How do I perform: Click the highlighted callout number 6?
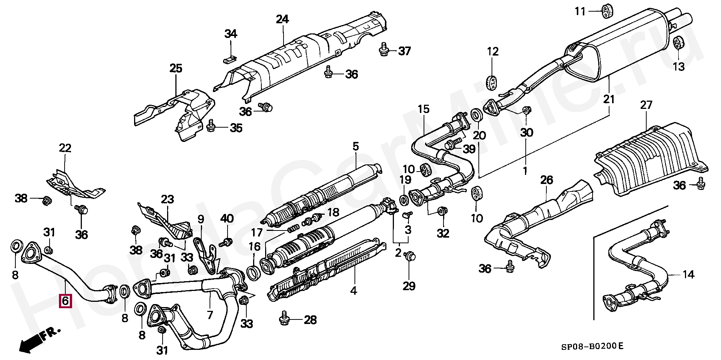tap(65, 301)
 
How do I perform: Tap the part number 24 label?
tap(282, 19)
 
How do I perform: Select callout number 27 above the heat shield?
tap(646, 105)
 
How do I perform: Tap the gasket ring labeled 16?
tap(253, 273)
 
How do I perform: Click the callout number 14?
tap(688, 275)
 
